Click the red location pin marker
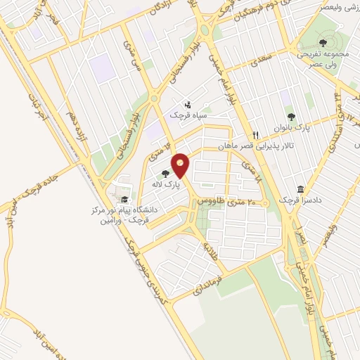point(181,166)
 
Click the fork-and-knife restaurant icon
point(256,135)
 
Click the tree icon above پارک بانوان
point(291,117)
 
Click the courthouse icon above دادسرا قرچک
point(302,190)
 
